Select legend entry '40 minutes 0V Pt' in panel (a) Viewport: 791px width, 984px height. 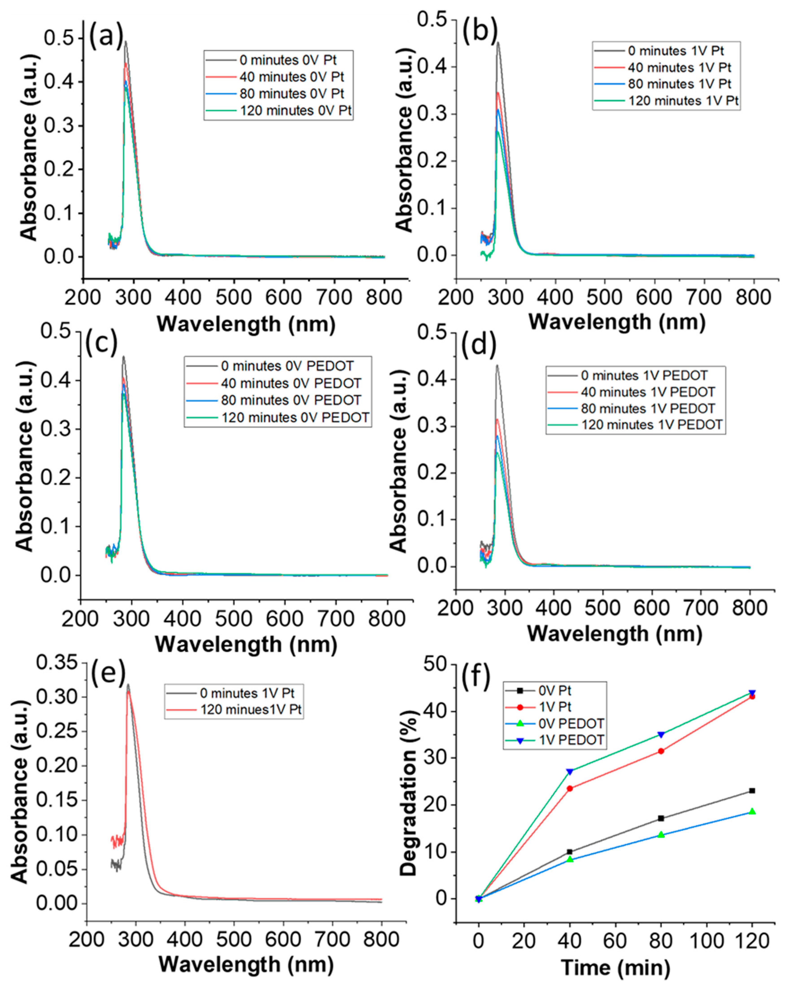point(291,77)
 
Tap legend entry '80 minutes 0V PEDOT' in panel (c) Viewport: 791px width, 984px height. point(291,400)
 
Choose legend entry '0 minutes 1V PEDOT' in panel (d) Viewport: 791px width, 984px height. point(644,376)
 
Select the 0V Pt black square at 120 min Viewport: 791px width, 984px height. point(752,790)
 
